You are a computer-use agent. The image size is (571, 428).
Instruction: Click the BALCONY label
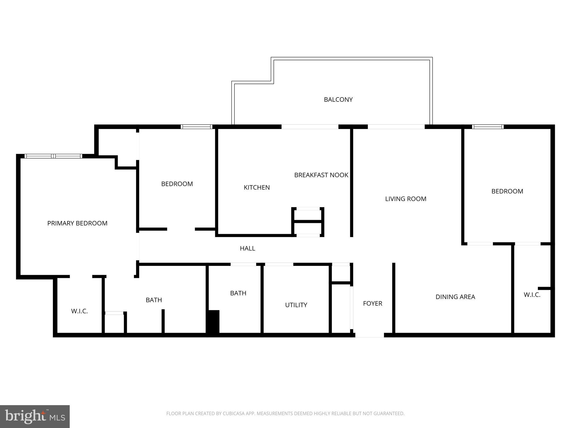(x=338, y=99)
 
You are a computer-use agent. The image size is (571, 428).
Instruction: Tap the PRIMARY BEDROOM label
(x=77, y=223)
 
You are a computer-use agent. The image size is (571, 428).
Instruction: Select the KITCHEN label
(x=257, y=188)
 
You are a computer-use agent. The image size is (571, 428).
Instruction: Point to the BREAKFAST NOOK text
(x=321, y=175)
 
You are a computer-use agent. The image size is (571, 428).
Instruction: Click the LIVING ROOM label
(x=406, y=199)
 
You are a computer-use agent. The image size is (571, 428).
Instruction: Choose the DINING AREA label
(x=455, y=297)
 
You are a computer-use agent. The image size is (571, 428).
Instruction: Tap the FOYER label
(x=372, y=303)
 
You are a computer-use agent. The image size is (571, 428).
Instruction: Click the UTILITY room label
(x=296, y=305)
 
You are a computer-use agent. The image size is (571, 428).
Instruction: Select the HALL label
(x=247, y=248)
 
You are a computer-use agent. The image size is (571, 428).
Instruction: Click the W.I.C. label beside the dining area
(x=532, y=295)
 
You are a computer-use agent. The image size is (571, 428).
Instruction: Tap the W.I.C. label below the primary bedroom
(x=79, y=311)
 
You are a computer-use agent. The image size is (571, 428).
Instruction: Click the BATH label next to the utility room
(x=238, y=293)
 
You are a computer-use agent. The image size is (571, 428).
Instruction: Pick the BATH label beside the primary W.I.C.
(x=154, y=300)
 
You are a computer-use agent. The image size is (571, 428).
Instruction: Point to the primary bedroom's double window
(x=53, y=156)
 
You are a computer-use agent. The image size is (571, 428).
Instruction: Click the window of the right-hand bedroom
(x=488, y=127)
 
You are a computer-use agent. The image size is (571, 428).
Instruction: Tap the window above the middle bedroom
(x=197, y=127)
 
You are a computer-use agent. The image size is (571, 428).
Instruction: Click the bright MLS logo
(x=35, y=416)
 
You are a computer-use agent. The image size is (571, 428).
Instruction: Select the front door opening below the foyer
(x=369, y=335)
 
